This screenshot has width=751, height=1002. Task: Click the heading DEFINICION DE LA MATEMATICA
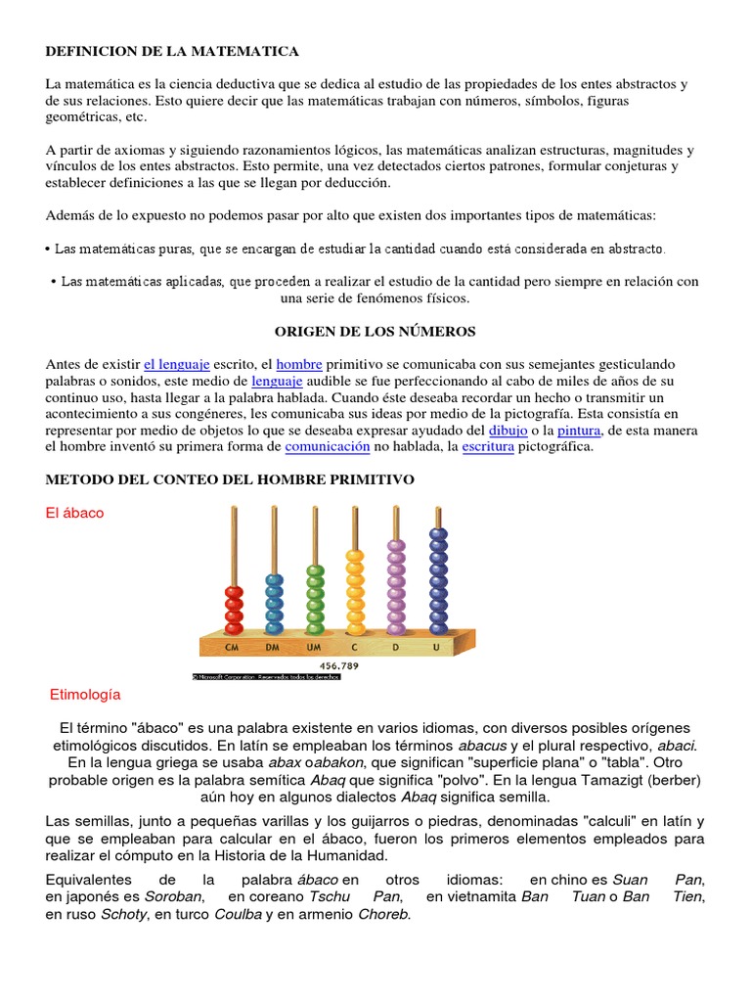pyautogui.click(x=172, y=50)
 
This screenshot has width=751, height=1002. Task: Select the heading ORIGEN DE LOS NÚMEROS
pyautogui.click(x=375, y=332)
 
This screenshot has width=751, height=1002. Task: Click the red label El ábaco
pyautogui.click(x=75, y=513)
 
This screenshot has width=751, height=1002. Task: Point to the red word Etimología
pyautogui.click(x=85, y=695)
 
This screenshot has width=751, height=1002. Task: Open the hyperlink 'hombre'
pyautogui.click(x=299, y=363)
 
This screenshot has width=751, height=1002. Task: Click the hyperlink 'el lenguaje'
pyautogui.click(x=177, y=363)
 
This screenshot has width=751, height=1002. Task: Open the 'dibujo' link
pyautogui.click(x=508, y=430)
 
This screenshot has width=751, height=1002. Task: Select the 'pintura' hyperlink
pyautogui.click(x=579, y=430)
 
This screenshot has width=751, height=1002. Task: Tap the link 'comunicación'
pyautogui.click(x=328, y=446)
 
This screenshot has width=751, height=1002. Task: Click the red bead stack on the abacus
pyautogui.click(x=234, y=609)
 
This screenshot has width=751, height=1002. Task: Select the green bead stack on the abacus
pyautogui.click(x=314, y=598)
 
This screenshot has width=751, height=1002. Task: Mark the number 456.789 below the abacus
pyautogui.click(x=341, y=665)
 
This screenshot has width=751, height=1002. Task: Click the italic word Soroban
pyautogui.click(x=172, y=896)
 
